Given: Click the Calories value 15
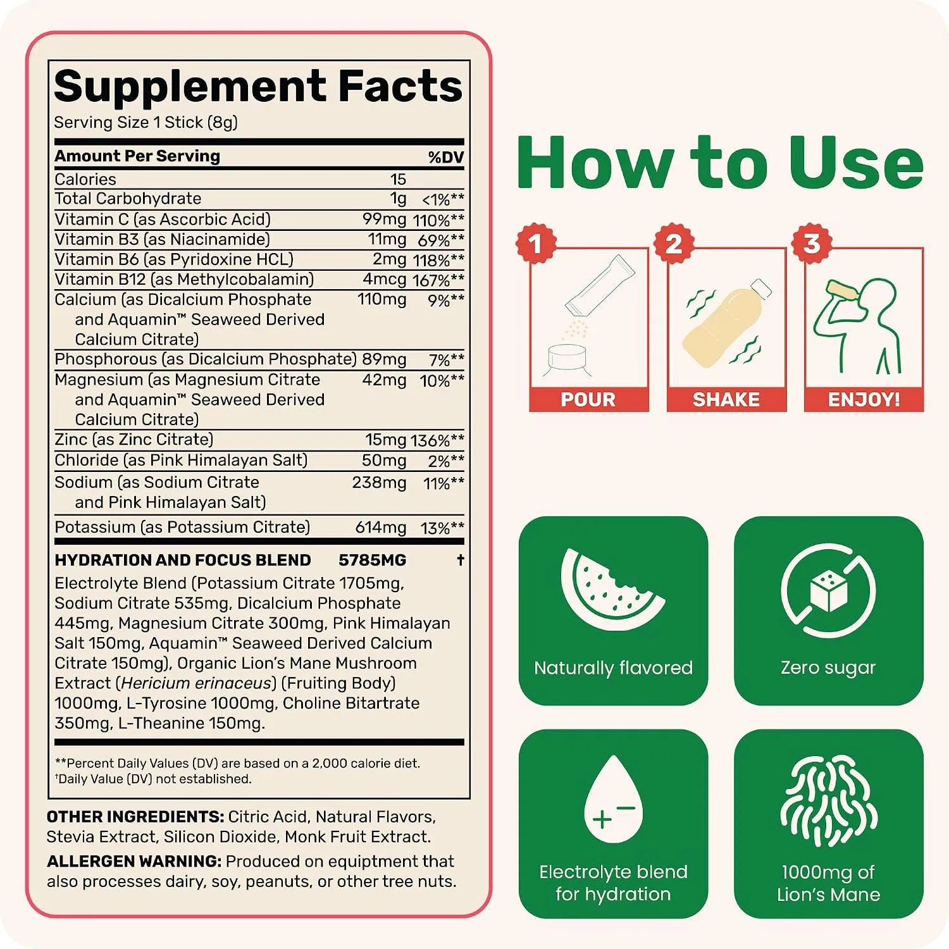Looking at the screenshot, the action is tap(398, 179).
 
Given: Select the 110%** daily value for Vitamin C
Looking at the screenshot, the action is tap(438, 220).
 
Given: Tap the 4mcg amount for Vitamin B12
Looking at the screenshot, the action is tap(385, 280).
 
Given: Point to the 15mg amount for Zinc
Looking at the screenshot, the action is tap(385, 440).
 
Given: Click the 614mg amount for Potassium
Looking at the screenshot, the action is tap(381, 528).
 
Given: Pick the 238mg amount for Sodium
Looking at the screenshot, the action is tap(379, 483).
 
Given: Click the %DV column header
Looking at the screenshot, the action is tap(446, 157).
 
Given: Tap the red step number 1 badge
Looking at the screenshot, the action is tap(536, 244).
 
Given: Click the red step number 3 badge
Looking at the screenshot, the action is tap(812, 244).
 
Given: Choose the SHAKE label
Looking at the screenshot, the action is tap(726, 400).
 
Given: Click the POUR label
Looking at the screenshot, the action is tap(588, 400).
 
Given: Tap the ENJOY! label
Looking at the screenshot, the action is tap(864, 400).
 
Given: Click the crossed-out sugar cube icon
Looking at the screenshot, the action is tap(828, 590).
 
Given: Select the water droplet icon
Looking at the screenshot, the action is tap(613, 800).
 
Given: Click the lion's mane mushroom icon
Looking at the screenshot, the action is tap(828, 801).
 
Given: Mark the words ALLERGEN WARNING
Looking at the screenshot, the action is tap(134, 862).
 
